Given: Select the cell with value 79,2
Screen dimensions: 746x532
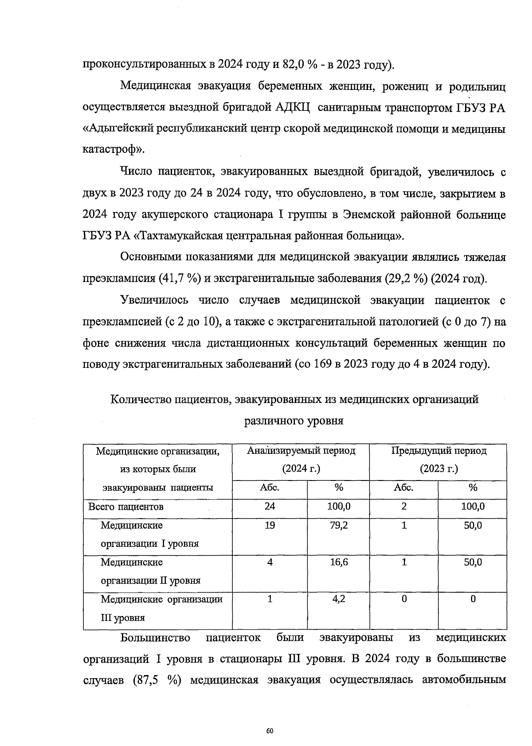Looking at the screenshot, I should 339,526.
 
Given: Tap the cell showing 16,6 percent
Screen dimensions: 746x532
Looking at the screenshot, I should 339,562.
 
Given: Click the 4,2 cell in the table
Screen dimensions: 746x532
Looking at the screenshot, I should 339,599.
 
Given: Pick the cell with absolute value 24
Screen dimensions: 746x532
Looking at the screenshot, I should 270,507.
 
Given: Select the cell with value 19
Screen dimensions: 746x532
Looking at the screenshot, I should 270,526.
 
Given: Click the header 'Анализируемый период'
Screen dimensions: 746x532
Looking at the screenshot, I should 301,451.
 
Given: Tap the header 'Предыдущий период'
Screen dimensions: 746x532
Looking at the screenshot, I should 438,451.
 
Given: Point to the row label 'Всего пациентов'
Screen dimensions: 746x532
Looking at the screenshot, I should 126,507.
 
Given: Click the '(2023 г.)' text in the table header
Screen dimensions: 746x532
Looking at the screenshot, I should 438,469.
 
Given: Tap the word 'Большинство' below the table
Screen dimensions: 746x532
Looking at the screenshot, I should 155,638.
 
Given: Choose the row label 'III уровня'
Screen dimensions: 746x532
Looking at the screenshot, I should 123,618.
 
